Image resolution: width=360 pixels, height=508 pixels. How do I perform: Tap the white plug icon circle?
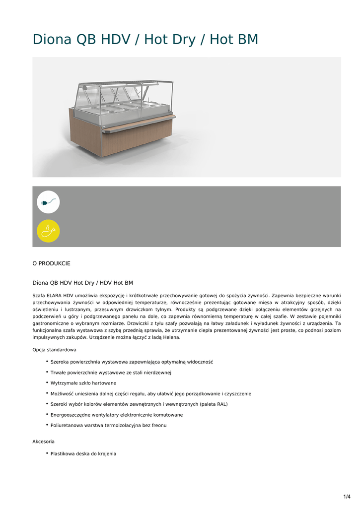click(x=48, y=202)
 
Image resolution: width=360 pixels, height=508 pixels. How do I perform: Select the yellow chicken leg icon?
click(x=48, y=231)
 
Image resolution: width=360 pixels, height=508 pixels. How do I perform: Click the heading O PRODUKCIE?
click(x=51, y=263)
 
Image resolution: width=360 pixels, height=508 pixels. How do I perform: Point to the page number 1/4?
click(x=347, y=497)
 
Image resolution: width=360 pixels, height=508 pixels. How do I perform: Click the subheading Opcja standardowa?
click(x=54, y=350)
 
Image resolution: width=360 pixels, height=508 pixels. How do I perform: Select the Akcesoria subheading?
click(x=44, y=442)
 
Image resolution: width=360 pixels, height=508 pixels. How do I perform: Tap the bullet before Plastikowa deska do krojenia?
click(x=47, y=453)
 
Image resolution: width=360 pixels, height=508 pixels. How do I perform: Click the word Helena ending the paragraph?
click(x=170, y=337)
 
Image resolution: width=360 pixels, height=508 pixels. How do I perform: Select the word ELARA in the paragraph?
click(x=55, y=295)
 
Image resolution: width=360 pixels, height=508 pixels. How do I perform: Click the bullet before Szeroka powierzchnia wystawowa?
click(x=47, y=361)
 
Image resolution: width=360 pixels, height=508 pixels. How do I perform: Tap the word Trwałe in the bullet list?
click(x=59, y=373)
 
